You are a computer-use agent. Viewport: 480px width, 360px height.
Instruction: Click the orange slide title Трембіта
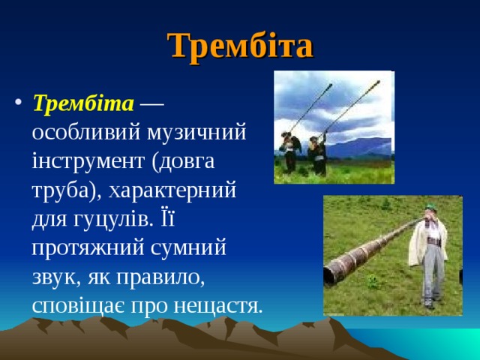point(240,46)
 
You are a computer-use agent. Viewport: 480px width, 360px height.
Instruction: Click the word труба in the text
point(64,190)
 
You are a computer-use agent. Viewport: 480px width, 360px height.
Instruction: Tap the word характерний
point(173,190)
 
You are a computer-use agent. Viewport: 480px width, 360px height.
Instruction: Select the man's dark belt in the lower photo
point(430,243)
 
